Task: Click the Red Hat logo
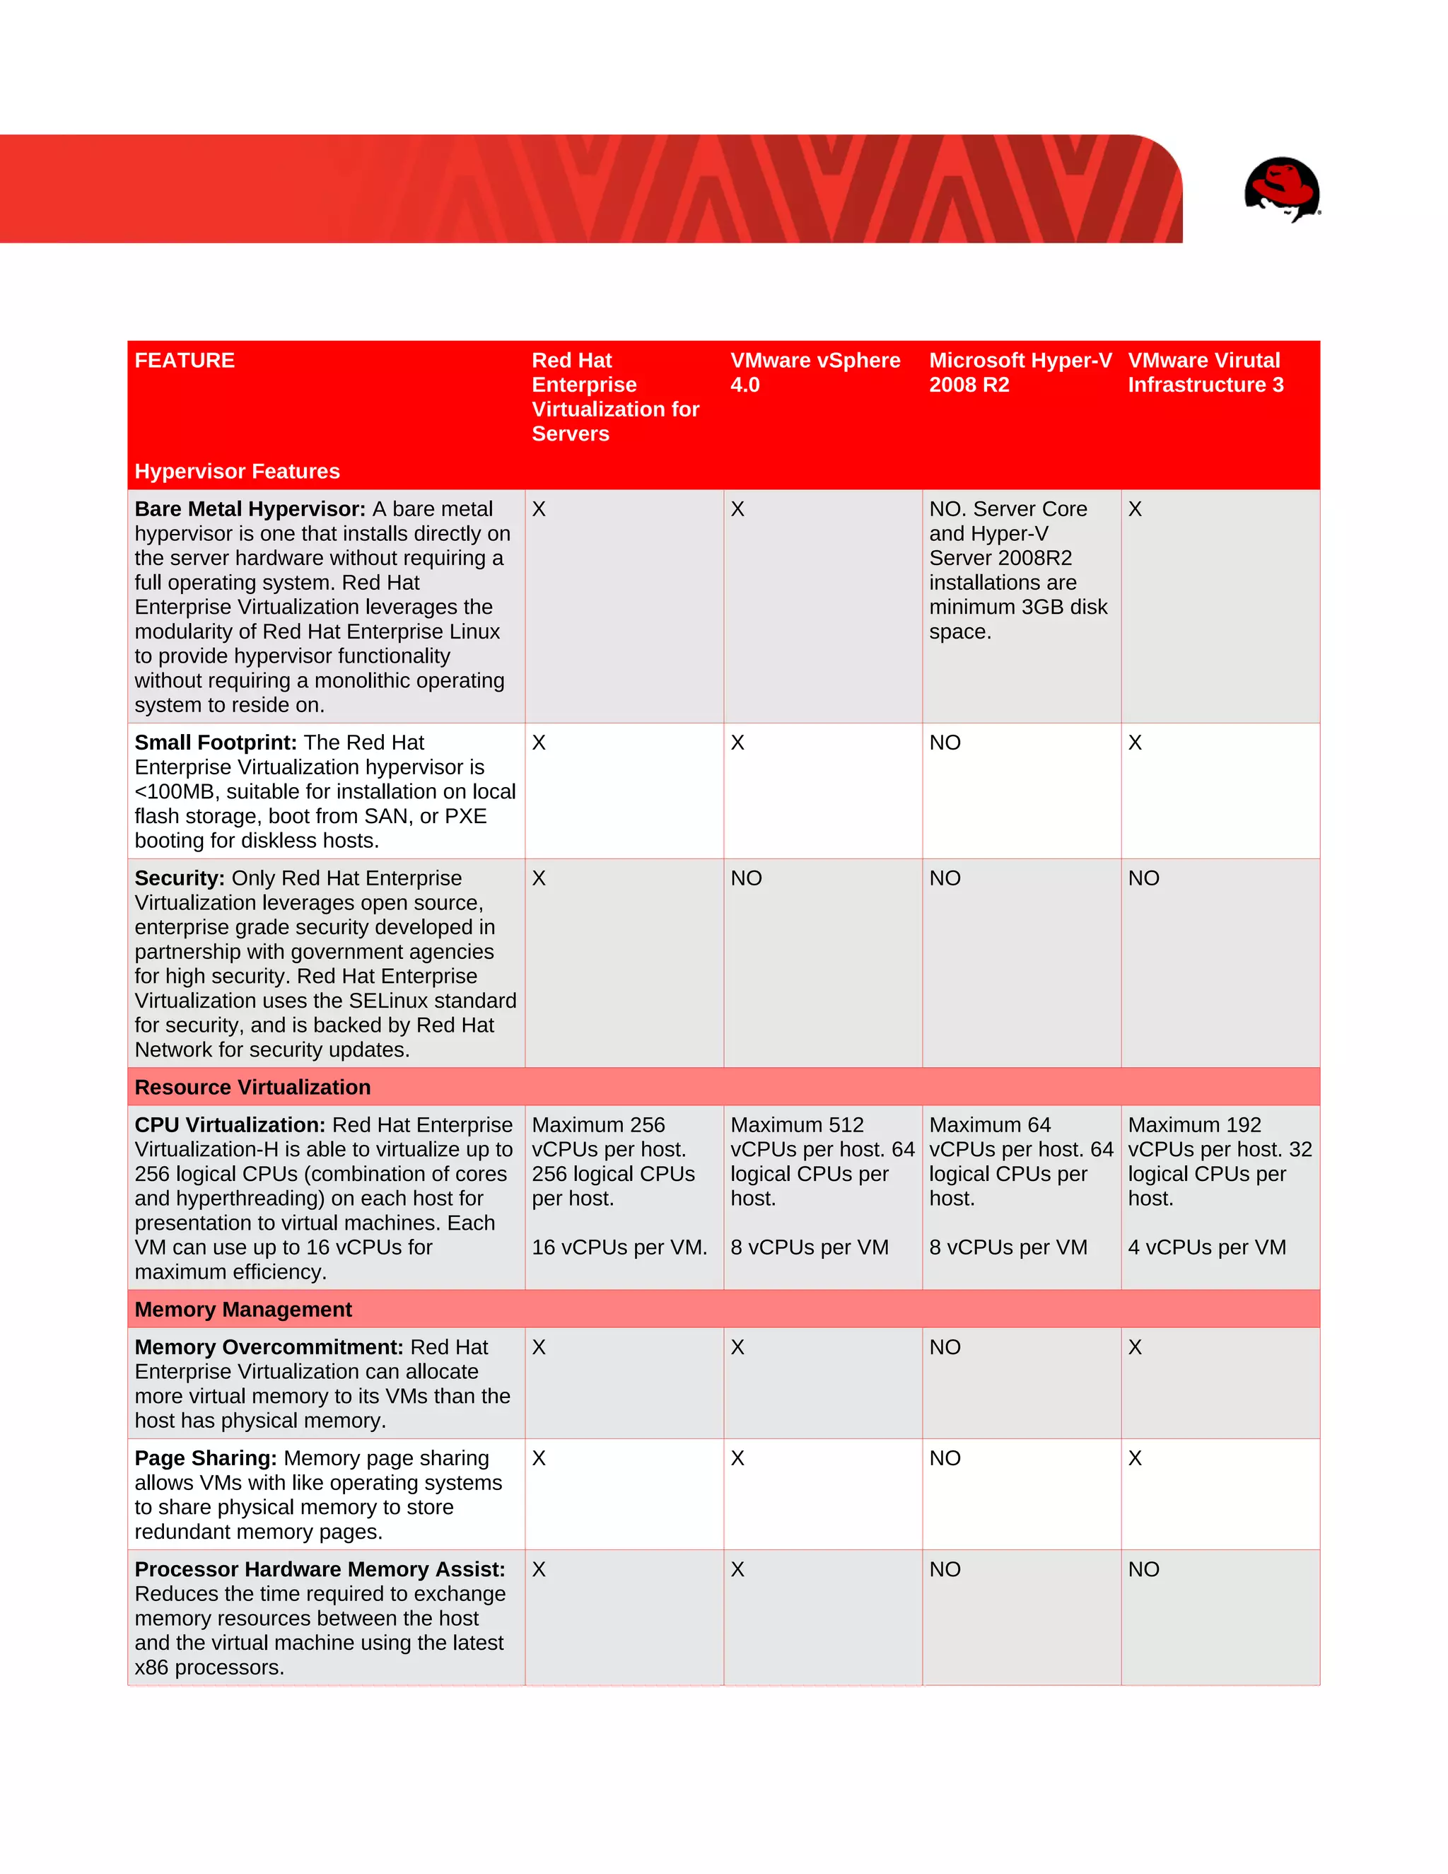coord(1282,189)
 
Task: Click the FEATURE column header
coord(185,361)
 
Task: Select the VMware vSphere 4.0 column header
coord(815,373)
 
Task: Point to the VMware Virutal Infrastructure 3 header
coord(1205,373)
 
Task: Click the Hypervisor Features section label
coord(237,471)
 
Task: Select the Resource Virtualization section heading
coord(252,1087)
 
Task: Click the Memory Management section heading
coord(243,1310)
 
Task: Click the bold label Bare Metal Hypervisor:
coord(250,509)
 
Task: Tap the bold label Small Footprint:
coord(216,743)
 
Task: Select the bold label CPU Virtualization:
coord(230,1125)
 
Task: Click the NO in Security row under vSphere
coord(745,878)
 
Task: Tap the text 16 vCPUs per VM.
coord(619,1247)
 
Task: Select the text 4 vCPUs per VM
coord(1206,1247)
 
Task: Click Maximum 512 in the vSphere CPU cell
coord(796,1125)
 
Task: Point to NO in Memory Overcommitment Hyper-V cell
coord(945,1347)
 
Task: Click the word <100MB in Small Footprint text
coord(175,792)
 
